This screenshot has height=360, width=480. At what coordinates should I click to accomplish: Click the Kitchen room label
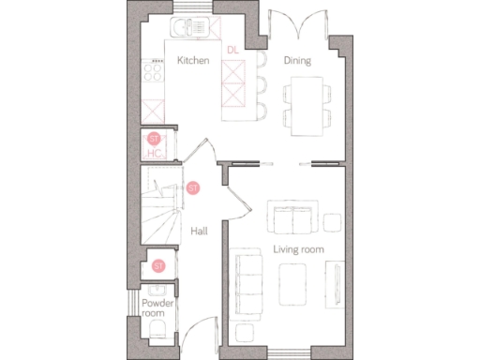tap(192, 61)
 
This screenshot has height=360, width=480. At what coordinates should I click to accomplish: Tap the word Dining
tap(297, 61)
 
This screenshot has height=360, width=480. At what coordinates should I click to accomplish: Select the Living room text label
tap(298, 249)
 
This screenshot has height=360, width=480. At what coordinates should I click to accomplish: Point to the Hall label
tap(199, 231)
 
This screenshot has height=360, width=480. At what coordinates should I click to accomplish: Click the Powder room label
tap(155, 308)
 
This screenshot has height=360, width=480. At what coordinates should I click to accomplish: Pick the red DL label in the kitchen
tap(232, 50)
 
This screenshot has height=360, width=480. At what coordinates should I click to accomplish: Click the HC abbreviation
tap(155, 153)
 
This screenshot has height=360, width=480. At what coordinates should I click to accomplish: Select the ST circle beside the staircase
tap(193, 188)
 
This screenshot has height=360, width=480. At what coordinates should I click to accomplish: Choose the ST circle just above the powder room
tap(158, 265)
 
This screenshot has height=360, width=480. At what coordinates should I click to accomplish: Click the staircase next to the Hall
tap(159, 211)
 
